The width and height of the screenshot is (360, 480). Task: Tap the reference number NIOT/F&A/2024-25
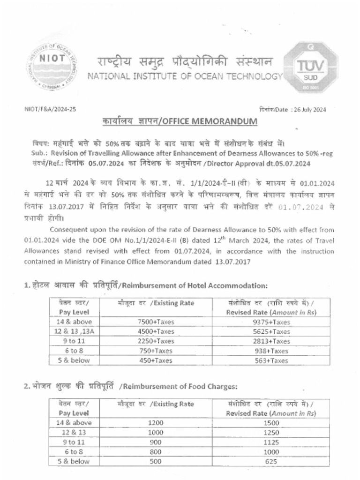(x=50, y=109)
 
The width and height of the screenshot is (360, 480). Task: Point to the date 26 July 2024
(x=309, y=110)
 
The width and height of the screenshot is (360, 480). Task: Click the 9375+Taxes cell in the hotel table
(x=270, y=322)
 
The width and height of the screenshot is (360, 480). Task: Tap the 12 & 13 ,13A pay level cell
(x=75, y=331)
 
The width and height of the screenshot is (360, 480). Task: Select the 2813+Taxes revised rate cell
(x=270, y=341)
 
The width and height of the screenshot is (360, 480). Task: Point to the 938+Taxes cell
(x=270, y=351)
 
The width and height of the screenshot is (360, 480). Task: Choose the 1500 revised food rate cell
(x=270, y=423)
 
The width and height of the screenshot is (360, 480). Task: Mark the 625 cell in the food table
(x=270, y=461)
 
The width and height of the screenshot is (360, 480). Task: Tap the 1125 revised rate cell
(x=270, y=442)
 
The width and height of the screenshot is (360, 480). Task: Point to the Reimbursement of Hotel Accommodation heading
(x=187, y=285)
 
